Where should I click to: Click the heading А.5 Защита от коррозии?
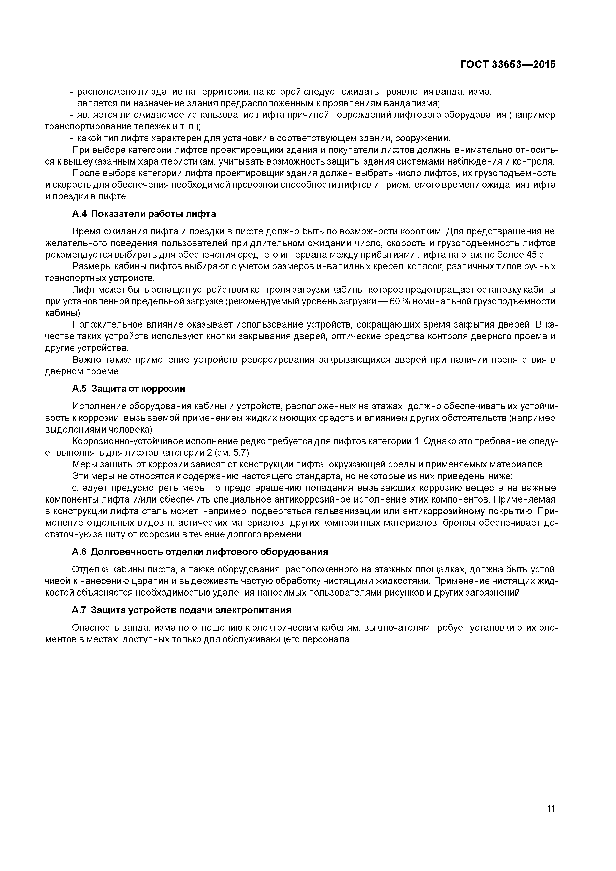pyautogui.click(x=129, y=389)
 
